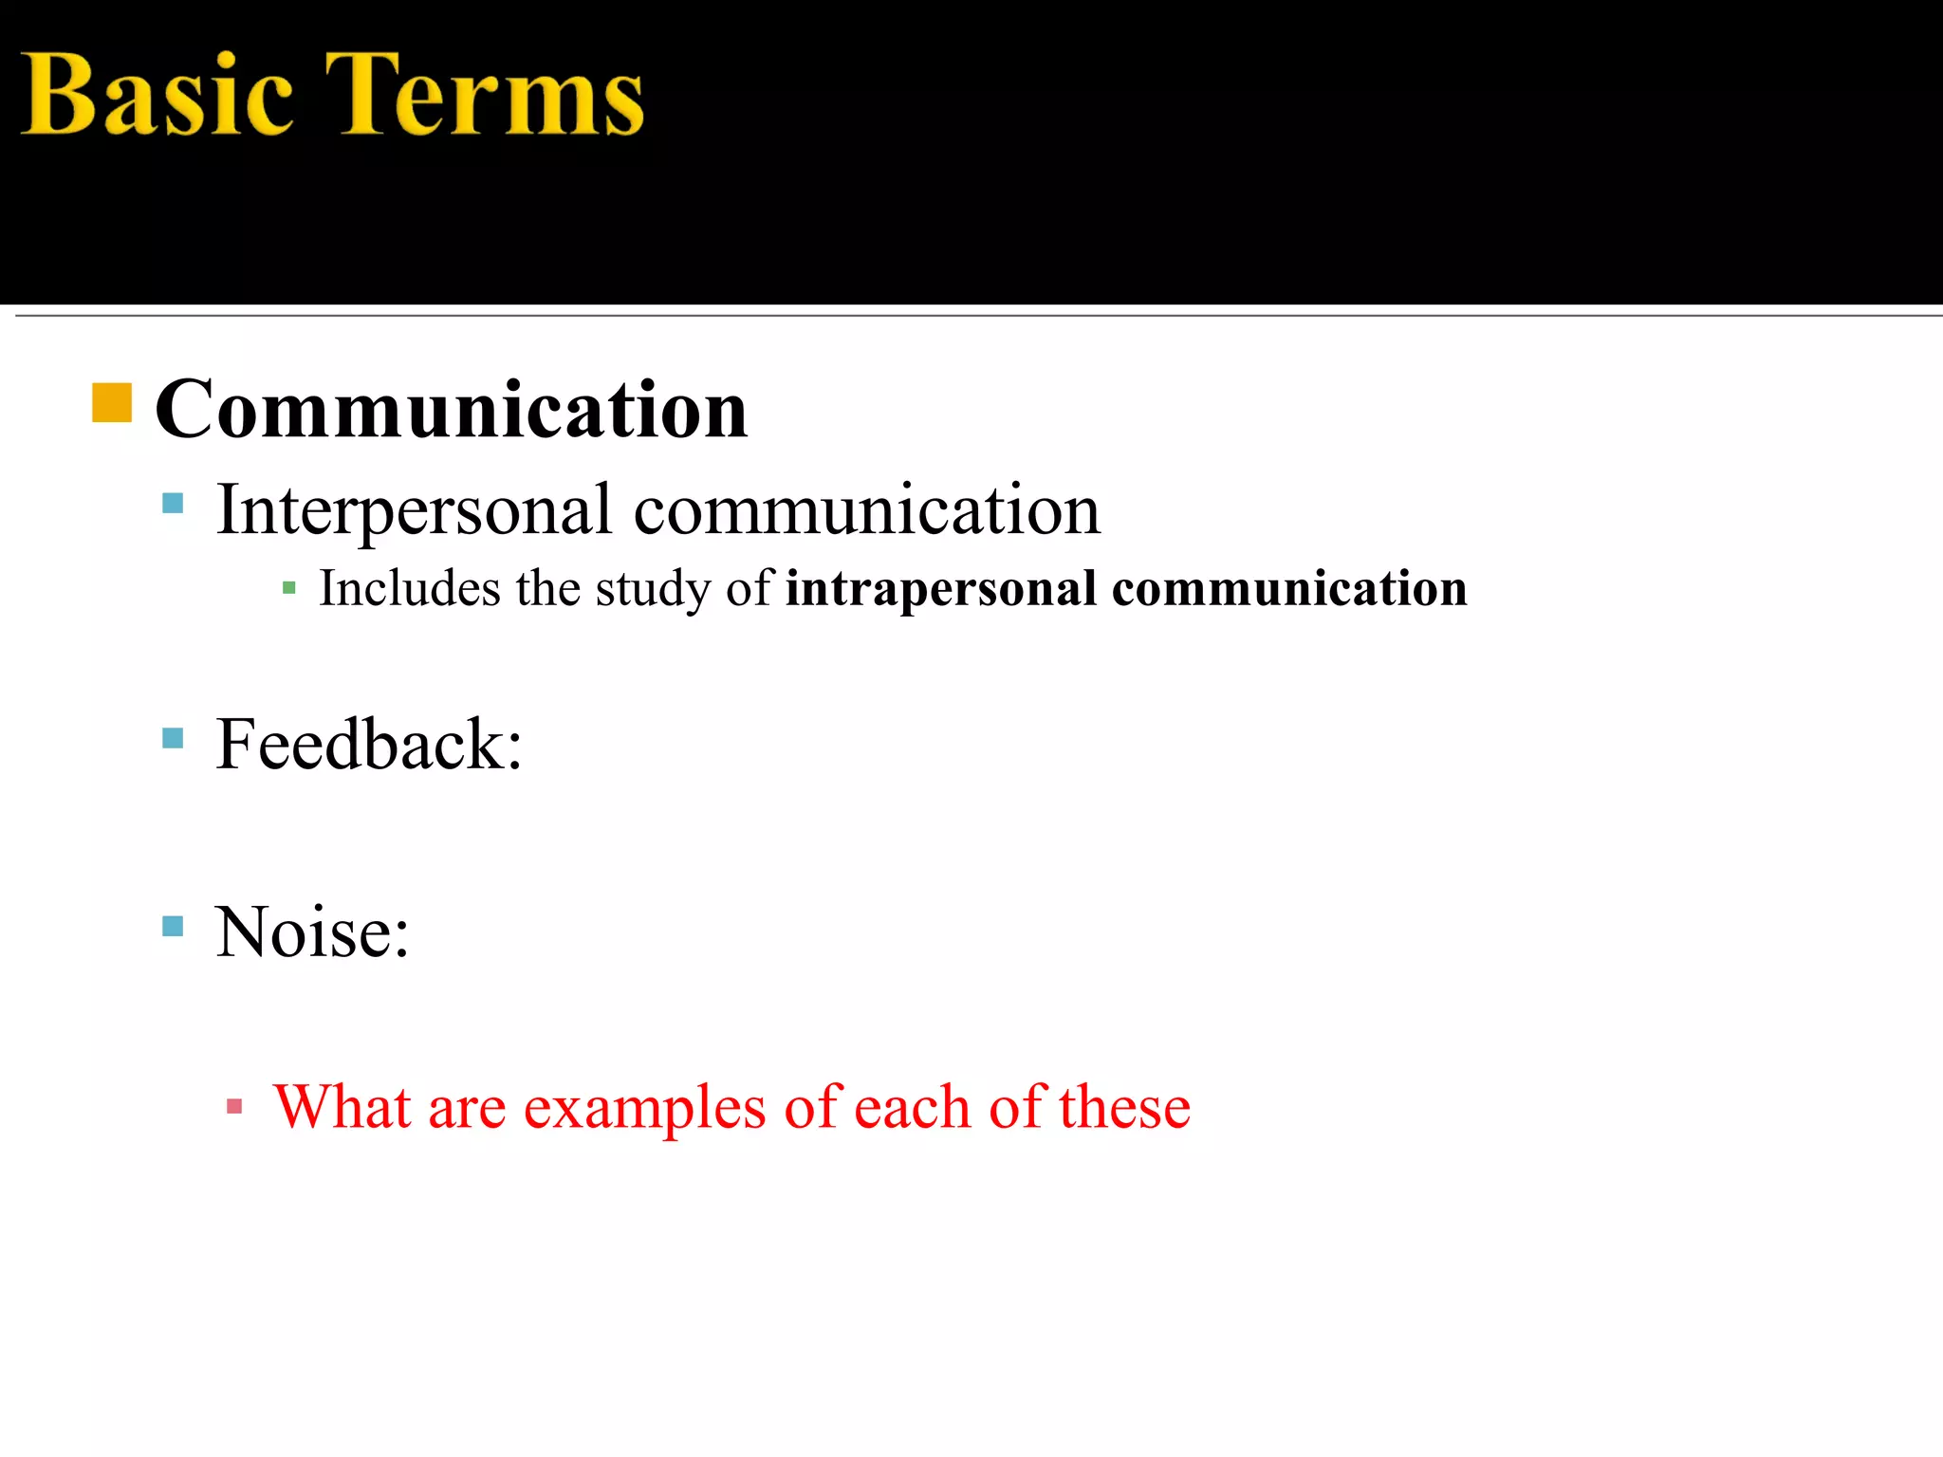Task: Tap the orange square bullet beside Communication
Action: click(x=112, y=402)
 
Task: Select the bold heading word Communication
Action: click(x=452, y=410)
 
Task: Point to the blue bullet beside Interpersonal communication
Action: click(x=173, y=503)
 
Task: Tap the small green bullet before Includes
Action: click(x=289, y=589)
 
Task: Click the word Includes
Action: click(x=409, y=588)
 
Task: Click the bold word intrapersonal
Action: click(x=941, y=589)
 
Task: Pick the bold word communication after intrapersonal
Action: click(x=1289, y=589)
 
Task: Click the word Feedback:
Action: click(x=369, y=746)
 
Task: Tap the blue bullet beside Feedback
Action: click(x=173, y=738)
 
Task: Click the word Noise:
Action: click(x=312, y=933)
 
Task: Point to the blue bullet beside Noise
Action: click(x=173, y=926)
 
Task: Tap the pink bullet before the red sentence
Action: click(x=234, y=1106)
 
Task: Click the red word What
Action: click(x=342, y=1107)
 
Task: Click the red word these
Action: click(x=1124, y=1107)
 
